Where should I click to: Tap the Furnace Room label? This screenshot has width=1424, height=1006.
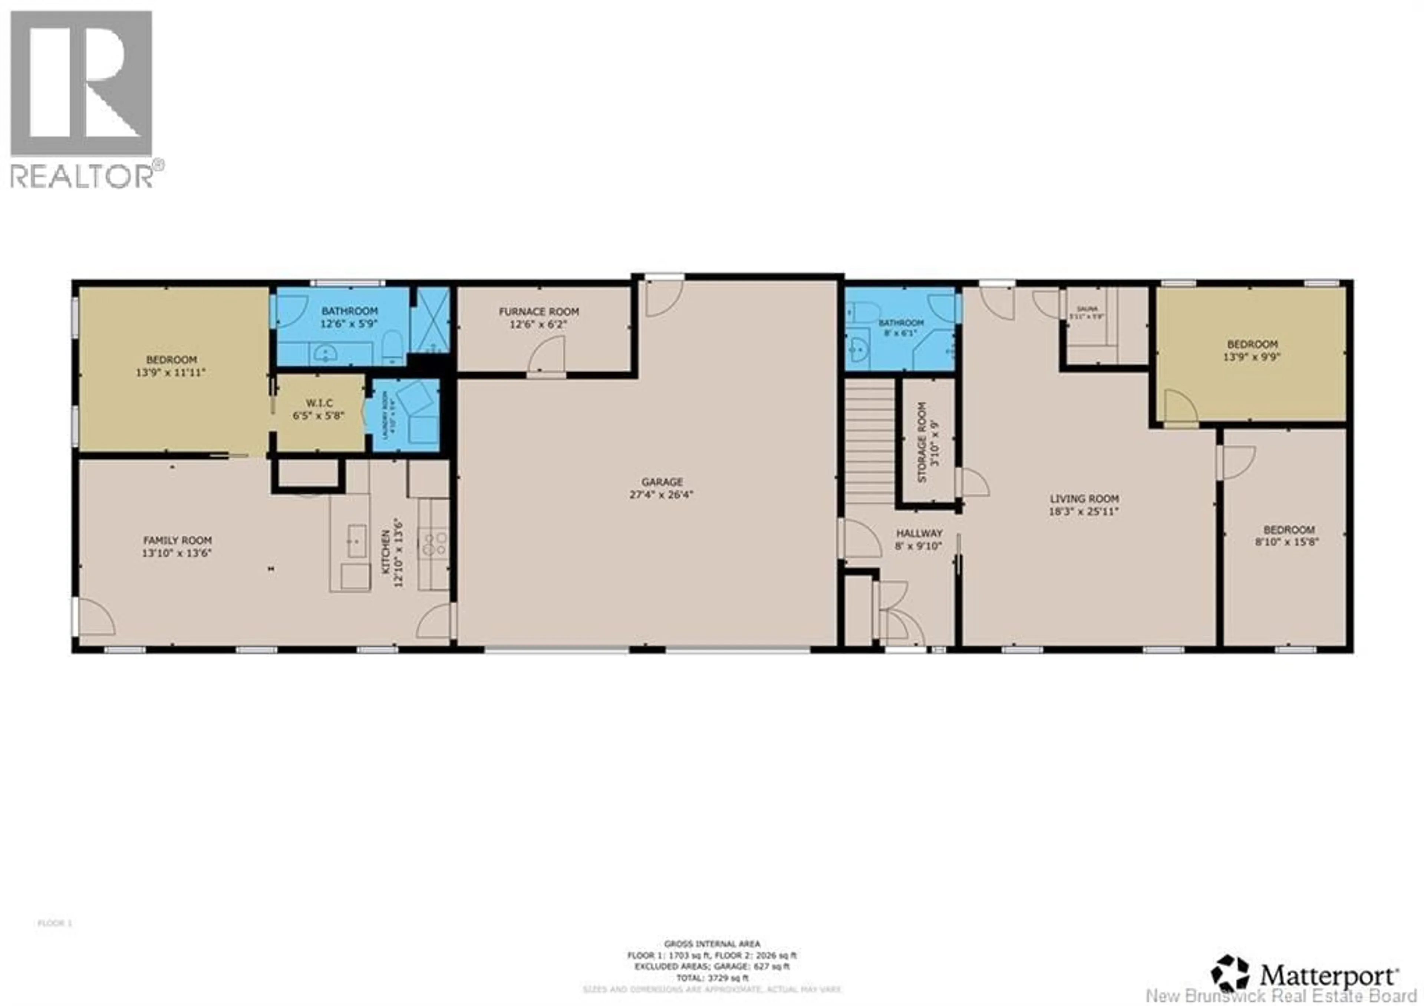[x=538, y=317]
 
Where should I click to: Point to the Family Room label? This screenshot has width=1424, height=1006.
[x=177, y=546]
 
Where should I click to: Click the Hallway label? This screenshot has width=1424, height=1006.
[x=919, y=539]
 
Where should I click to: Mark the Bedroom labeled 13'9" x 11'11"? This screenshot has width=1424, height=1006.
[x=171, y=366]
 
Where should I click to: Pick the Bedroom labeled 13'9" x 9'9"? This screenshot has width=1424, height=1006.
[x=1252, y=350]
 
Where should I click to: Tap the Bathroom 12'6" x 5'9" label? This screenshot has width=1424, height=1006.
[x=349, y=317]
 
